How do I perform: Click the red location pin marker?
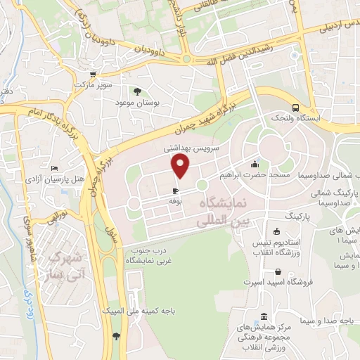point(181,166)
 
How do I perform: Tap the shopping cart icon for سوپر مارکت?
point(91,74)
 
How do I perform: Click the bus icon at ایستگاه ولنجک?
point(297,108)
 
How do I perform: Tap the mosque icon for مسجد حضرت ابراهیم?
point(254,164)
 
